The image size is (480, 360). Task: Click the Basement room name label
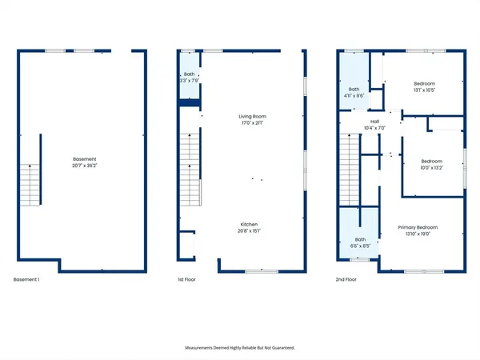(x=83, y=159)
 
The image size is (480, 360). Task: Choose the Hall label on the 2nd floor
(x=352, y=122)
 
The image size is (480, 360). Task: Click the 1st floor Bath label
(x=189, y=74)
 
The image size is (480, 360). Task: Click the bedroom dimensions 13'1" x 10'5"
(x=424, y=90)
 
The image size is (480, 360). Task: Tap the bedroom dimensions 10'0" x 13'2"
(x=431, y=168)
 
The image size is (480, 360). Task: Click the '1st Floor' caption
(x=186, y=279)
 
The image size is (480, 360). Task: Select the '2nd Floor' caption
(x=346, y=279)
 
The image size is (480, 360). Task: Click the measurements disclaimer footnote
(x=239, y=348)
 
